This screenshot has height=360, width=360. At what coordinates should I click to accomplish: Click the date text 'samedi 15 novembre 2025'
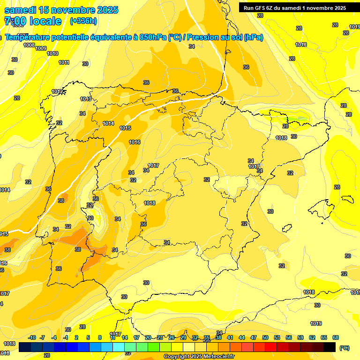coord(61,10)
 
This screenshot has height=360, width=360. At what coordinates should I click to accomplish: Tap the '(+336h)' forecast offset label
coord(83,21)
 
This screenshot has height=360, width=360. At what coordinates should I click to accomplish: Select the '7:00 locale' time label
coord(33,21)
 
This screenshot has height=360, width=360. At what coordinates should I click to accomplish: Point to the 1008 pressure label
coord(29,45)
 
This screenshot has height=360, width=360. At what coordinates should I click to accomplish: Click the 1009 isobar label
coord(41,48)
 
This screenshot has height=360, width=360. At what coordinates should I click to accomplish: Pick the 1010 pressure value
coord(52,53)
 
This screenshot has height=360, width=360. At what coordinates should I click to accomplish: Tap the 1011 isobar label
coord(64,62)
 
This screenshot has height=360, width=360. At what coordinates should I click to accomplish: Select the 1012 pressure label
coord(57,91)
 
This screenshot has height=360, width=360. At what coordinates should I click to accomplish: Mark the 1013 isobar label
coord(86,99)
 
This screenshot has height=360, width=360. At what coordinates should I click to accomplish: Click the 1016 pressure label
coord(135,142)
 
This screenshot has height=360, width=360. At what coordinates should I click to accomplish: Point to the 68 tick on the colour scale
coord(336,337)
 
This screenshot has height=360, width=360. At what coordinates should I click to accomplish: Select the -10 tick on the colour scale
coord(32,337)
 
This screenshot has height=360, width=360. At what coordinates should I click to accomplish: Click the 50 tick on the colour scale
coord(265,337)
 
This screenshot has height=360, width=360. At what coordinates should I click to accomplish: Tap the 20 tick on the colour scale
coord(148,337)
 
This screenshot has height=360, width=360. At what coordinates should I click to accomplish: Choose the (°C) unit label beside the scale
coord(344,348)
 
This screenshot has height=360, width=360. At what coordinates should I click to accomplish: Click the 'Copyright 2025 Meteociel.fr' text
coord(199,357)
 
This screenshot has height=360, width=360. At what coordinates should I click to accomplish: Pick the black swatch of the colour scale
coord(330,347)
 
